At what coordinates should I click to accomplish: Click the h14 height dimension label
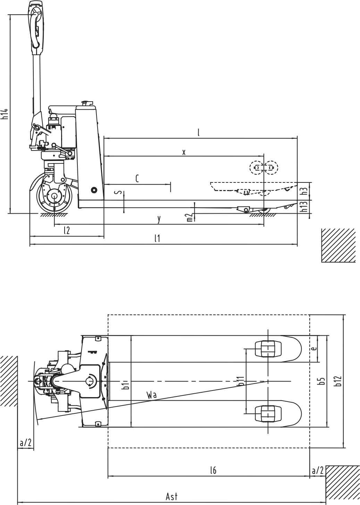pyautogui.click(x=5, y=114)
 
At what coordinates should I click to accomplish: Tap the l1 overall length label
pyautogui.click(x=157, y=238)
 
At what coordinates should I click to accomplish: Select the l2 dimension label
pyautogui.click(x=67, y=230)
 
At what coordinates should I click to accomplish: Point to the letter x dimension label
pyautogui.click(x=184, y=152)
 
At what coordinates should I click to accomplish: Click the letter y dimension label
pyautogui.click(x=159, y=219)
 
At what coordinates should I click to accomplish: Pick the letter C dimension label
pyautogui.click(x=137, y=179)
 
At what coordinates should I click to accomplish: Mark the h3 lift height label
pyautogui.click(x=304, y=190)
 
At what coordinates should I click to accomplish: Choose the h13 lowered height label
pyautogui.click(x=304, y=207)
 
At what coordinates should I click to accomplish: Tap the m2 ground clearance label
pyautogui.click(x=190, y=217)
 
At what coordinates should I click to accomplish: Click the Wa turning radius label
pyautogui.click(x=152, y=395)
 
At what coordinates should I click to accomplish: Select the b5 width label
pyautogui.click(x=322, y=381)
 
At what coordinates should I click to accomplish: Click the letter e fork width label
pyautogui.click(x=313, y=349)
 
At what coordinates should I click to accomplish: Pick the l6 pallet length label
pyautogui.click(x=213, y=470)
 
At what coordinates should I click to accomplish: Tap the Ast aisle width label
pyautogui.click(x=171, y=497)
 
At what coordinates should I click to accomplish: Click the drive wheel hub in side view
pyautogui.click(x=55, y=196)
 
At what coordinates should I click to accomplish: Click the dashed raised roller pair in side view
pyautogui.click(x=264, y=168)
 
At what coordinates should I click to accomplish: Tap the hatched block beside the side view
pyautogui.click(x=338, y=245)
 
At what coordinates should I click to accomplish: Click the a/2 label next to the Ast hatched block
pyautogui.click(x=318, y=470)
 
